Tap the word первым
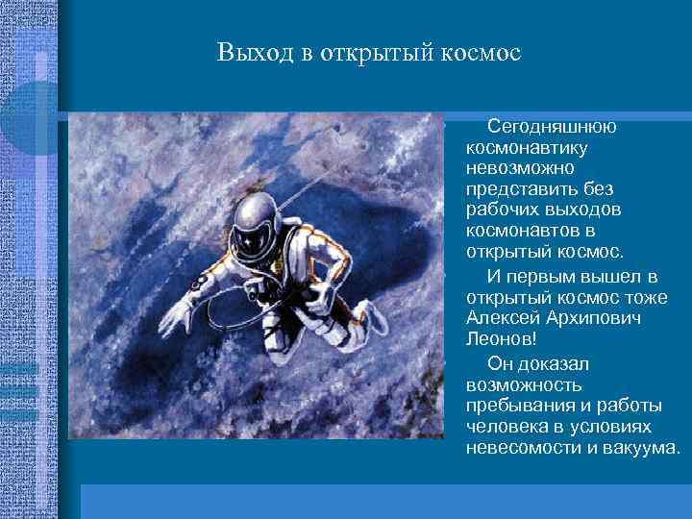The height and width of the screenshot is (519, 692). (543, 277)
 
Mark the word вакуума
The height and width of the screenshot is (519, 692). (640, 449)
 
